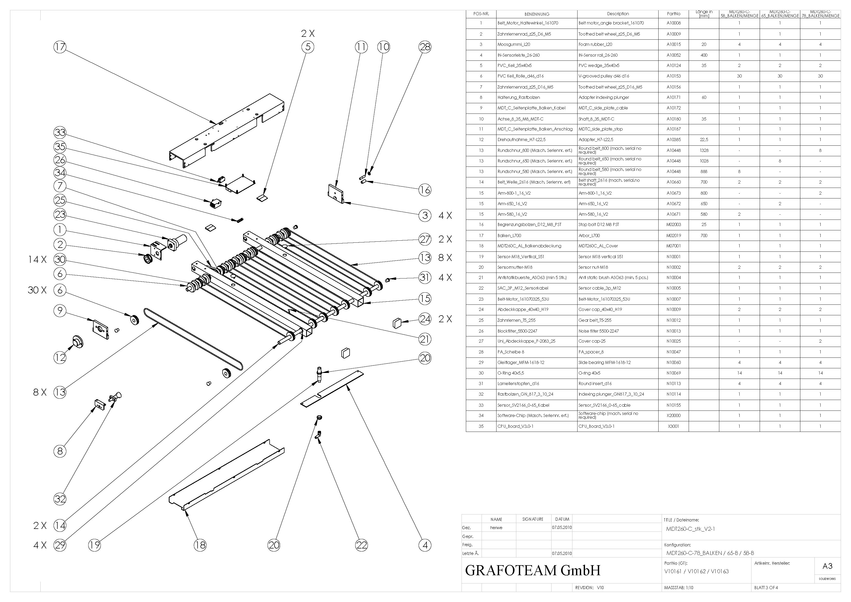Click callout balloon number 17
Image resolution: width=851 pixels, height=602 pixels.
(x=60, y=47)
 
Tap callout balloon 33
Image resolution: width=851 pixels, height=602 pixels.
(x=60, y=132)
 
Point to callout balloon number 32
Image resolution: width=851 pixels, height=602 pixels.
(x=60, y=499)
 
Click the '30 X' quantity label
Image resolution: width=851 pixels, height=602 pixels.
(x=37, y=290)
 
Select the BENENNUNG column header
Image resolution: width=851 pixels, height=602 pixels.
(x=537, y=14)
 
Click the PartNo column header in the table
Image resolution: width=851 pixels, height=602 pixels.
(x=673, y=14)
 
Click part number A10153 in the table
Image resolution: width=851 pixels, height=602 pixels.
(x=673, y=76)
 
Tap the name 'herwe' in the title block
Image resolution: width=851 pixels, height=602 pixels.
(x=496, y=527)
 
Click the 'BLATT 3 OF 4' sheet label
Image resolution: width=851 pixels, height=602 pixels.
(x=766, y=588)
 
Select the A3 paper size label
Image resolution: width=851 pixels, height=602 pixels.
(x=827, y=566)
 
